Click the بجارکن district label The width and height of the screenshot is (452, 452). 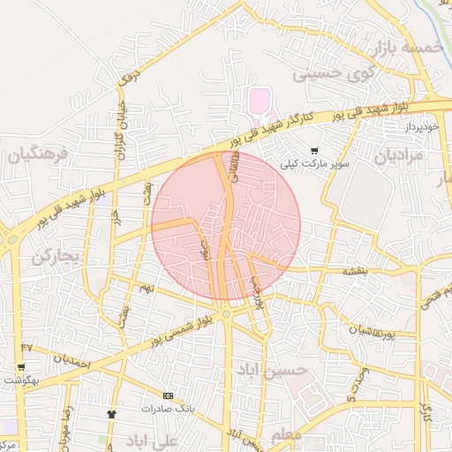click(56, 256)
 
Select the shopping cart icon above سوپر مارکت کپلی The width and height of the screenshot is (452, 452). click(315, 151)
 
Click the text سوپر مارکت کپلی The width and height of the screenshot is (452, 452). click(316, 164)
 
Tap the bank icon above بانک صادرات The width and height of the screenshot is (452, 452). click(169, 395)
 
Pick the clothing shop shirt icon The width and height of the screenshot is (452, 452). click(111, 413)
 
